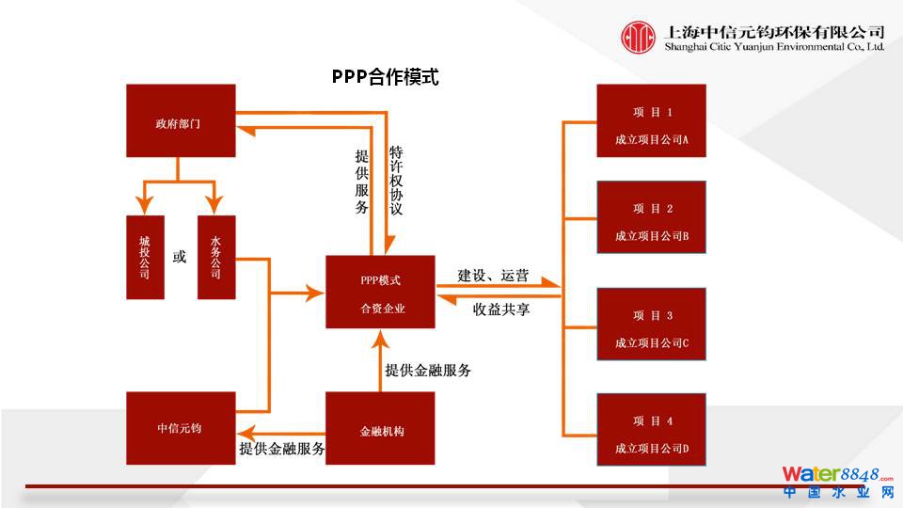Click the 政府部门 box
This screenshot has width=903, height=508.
click(x=181, y=120)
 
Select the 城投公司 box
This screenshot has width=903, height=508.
click(x=145, y=257)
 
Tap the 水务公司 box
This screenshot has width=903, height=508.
click(x=216, y=257)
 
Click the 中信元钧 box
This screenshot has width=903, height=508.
click(x=181, y=428)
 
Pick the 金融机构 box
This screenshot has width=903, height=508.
click(x=380, y=428)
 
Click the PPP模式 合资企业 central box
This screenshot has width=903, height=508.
click(x=380, y=292)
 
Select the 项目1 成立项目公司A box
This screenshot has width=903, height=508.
click(x=651, y=120)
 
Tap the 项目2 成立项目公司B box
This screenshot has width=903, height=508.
click(x=651, y=217)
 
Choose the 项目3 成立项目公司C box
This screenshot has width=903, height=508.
click(x=651, y=325)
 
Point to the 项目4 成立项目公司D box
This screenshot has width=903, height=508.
click(x=651, y=430)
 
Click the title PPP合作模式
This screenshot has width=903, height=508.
click(x=386, y=77)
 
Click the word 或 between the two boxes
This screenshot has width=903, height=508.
click(x=180, y=257)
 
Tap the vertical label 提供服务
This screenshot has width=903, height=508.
click(x=362, y=182)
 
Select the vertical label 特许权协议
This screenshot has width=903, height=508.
click(x=397, y=182)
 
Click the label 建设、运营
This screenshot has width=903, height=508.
click(x=493, y=276)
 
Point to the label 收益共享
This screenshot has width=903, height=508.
click(x=501, y=309)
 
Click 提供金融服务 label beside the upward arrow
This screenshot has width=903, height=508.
click(x=428, y=370)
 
